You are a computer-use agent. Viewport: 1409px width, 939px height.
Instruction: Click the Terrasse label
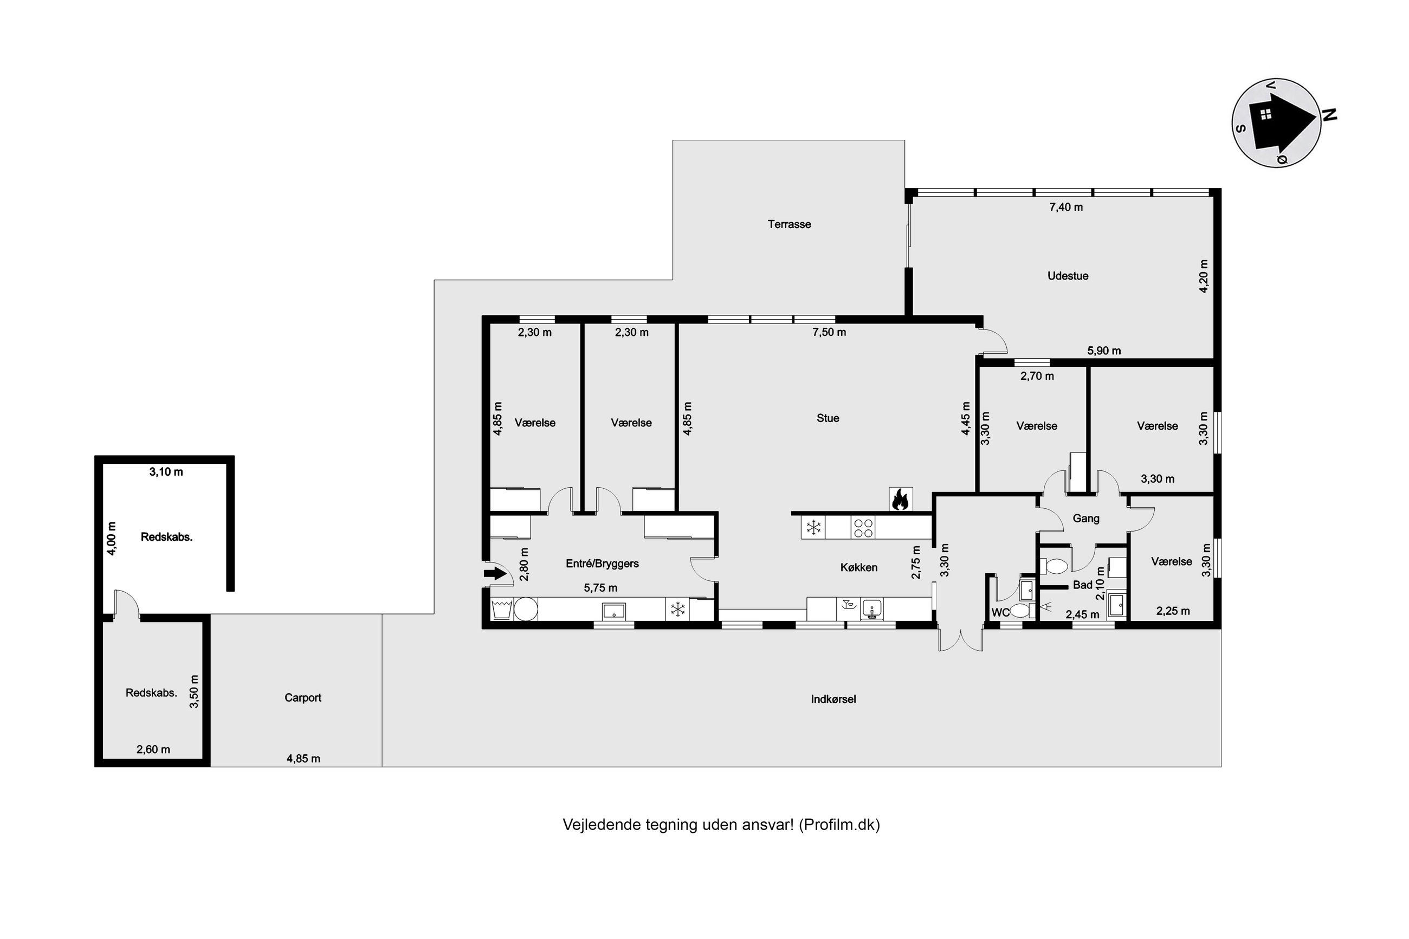tap(788, 224)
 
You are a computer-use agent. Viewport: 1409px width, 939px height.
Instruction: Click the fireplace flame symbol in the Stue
tap(900, 499)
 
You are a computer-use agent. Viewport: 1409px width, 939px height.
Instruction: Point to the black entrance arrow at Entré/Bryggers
tap(495, 574)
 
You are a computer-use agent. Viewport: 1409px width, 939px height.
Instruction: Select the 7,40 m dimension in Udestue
tap(1066, 207)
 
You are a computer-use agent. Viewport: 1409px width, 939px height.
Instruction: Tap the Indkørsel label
tap(833, 699)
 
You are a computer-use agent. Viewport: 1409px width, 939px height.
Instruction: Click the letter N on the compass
tap(1329, 115)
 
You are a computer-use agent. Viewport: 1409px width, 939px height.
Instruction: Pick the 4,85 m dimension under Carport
tap(303, 759)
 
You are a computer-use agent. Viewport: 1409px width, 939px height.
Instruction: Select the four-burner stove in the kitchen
tap(863, 528)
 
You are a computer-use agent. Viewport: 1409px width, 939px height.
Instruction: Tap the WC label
tap(1000, 613)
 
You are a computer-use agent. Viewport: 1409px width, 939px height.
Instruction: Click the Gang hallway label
tap(1085, 519)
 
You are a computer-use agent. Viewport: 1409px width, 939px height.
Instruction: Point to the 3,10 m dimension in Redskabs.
tap(166, 472)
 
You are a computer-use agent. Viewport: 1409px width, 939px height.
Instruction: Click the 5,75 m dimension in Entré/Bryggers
tap(600, 588)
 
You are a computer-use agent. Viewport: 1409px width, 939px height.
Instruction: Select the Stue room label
tap(828, 418)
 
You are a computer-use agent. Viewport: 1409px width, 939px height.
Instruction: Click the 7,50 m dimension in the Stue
tap(829, 332)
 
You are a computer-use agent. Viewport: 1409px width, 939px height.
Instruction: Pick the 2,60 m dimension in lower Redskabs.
tap(153, 749)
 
